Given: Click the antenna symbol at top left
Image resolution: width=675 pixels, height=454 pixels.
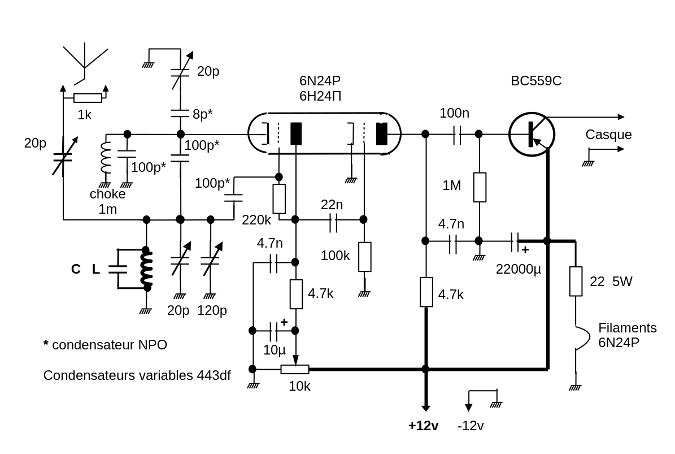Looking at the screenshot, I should point(85,59).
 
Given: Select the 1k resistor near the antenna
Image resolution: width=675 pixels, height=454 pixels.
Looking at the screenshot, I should point(88,98).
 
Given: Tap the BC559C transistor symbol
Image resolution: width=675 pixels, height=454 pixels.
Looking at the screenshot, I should point(532,135).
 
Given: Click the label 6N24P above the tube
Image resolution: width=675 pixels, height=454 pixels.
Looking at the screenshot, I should point(320,81).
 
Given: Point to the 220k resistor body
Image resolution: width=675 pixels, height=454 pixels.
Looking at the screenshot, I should point(279,198).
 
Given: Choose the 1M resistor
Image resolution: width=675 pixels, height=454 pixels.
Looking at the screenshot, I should point(480,187).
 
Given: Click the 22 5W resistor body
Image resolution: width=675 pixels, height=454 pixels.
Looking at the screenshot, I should point(576,281).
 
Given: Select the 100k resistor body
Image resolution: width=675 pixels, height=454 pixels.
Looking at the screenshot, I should point(365,257).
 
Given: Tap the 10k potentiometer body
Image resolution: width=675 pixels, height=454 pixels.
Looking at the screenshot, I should point(295,369).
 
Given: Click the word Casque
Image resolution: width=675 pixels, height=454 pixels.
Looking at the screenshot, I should point(608,135).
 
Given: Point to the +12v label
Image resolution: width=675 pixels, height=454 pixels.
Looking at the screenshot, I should point(423,426).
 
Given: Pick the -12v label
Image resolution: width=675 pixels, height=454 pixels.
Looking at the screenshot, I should point(471,426).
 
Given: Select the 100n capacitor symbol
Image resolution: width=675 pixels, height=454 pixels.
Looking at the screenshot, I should point(456,135).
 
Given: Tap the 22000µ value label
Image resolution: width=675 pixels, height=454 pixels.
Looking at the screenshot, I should point(518,269).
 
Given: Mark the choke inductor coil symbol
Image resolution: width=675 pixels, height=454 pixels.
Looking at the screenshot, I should point(105,157).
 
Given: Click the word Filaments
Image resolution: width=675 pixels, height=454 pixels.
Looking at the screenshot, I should point(627,328).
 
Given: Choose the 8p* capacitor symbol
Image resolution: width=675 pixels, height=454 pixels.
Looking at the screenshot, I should point(180,114).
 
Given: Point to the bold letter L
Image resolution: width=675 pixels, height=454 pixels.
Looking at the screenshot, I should point(96,270).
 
